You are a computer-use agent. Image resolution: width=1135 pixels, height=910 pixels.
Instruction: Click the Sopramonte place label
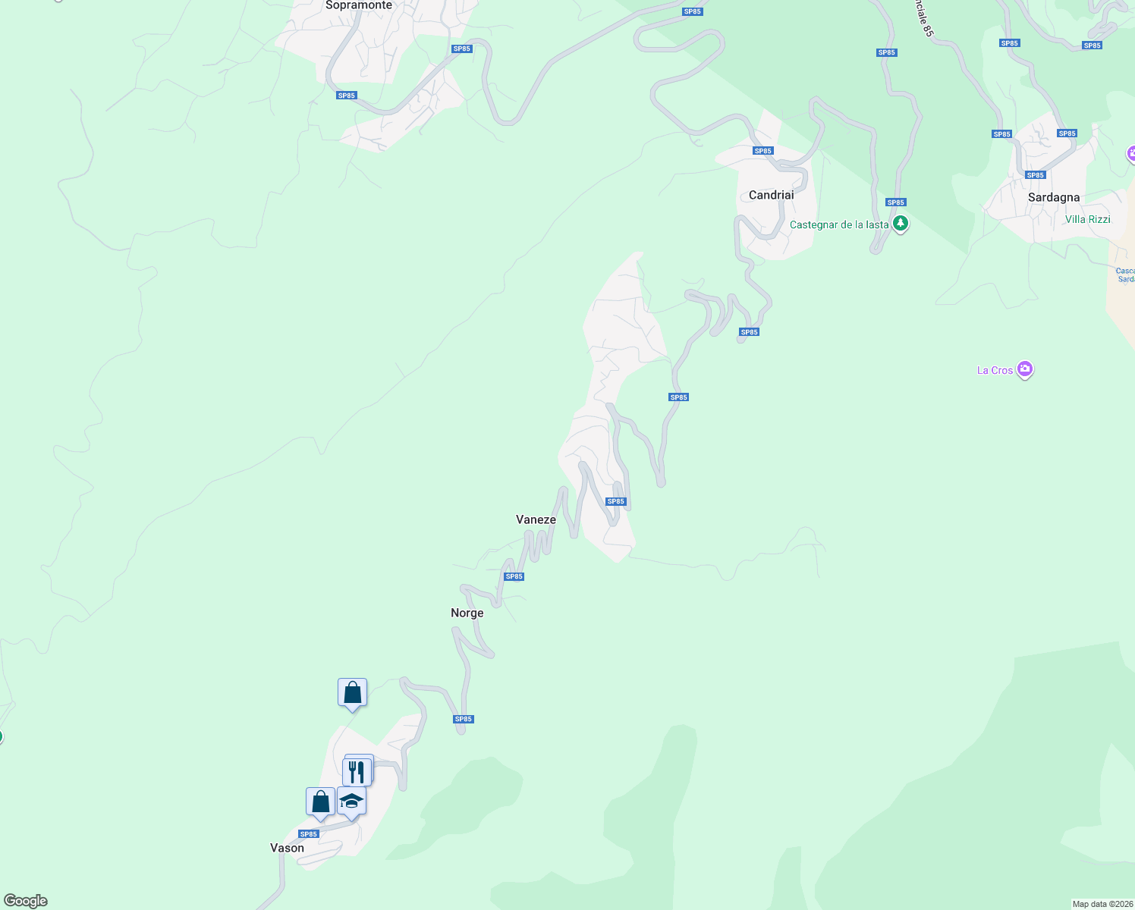359,5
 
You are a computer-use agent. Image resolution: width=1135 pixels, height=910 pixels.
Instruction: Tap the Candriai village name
771,195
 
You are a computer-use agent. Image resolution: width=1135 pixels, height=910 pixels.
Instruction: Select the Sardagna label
1053,197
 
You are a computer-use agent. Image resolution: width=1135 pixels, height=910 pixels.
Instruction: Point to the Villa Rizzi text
1087,219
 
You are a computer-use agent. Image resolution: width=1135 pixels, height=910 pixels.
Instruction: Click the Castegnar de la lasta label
838,224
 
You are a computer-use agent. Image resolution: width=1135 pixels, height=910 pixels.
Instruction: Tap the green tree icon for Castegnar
900,224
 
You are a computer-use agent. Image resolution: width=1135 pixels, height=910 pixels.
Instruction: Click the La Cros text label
995,370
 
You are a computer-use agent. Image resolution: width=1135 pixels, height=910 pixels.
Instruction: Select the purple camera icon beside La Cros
1025,369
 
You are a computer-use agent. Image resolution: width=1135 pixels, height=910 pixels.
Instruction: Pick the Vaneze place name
536,519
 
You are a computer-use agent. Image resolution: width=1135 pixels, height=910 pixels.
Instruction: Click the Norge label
467,613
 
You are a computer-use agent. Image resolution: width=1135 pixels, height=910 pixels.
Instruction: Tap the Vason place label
287,848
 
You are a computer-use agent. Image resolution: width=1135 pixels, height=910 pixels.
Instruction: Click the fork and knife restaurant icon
357,771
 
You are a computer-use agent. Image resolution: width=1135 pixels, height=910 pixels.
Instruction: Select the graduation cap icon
351,801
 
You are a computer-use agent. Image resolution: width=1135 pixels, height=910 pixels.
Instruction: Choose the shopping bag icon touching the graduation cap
320,801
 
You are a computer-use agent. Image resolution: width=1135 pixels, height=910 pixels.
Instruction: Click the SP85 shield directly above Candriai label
762,151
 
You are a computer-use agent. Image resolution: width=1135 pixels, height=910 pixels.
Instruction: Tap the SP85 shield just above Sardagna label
1035,175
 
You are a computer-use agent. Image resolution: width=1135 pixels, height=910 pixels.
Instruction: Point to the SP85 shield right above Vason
308,834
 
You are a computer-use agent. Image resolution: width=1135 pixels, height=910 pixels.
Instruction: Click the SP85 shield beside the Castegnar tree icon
896,202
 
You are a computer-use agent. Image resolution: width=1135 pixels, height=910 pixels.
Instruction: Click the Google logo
26,901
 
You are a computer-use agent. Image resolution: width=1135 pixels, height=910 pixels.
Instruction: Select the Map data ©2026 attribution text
1102,904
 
